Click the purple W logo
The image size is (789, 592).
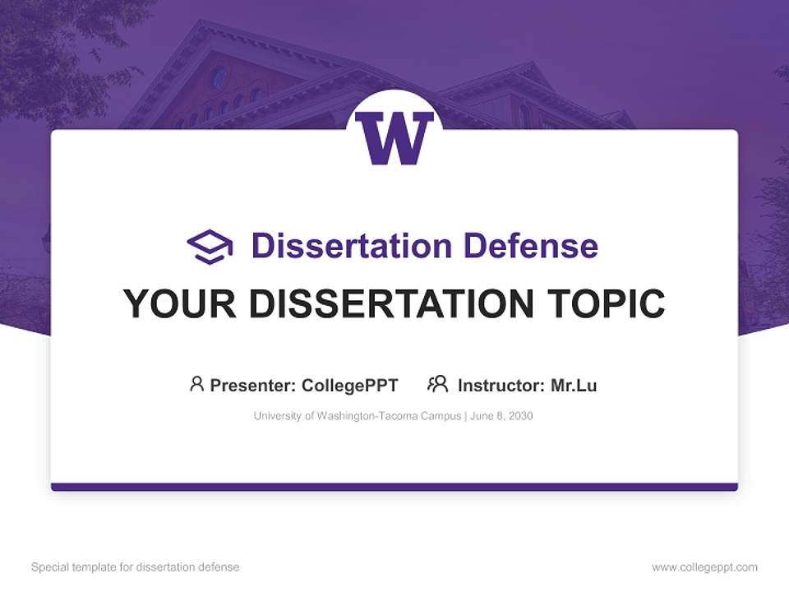click(x=394, y=137)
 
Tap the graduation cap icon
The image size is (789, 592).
click(x=210, y=246)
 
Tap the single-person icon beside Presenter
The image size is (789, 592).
click(x=196, y=384)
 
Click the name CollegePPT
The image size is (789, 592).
click(x=349, y=385)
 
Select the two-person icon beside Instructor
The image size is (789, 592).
click(x=437, y=384)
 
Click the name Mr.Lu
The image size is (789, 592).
click(x=574, y=385)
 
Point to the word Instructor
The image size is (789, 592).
click(x=500, y=385)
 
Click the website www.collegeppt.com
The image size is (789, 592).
click(x=704, y=567)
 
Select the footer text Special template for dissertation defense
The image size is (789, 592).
click(x=135, y=567)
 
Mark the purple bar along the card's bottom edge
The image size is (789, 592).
click(x=394, y=487)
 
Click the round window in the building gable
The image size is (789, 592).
click(x=219, y=77)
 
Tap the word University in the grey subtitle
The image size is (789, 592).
click(x=277, y=416)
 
